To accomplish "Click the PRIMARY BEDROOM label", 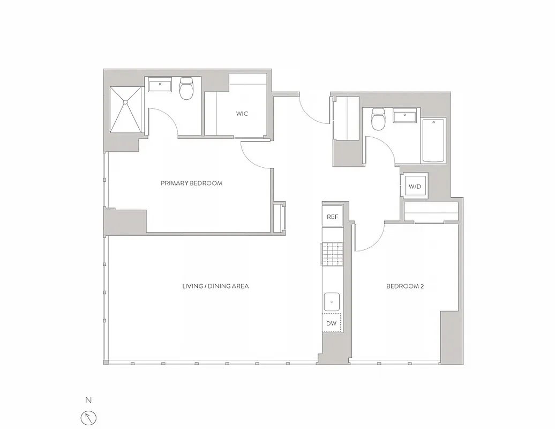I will click(191, 183).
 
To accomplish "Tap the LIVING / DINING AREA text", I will click(215, 286).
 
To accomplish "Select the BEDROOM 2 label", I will click(405, 286).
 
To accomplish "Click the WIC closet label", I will click(242, 114).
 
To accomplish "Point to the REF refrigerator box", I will click(333, 217).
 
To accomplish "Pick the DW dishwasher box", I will click(332, 323).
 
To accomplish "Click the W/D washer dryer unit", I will click(415, 187).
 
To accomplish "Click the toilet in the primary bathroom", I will click(186, 89).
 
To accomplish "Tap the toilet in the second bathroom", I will click(379, 120).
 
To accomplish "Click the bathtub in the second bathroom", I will click(433, 140).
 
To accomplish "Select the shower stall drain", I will click(125, 101).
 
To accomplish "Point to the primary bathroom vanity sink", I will click(160, 85).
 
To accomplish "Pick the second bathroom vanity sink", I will click(405, 116).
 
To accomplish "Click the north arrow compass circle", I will click(88, 417).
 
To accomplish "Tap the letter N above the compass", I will click(88, 400).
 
